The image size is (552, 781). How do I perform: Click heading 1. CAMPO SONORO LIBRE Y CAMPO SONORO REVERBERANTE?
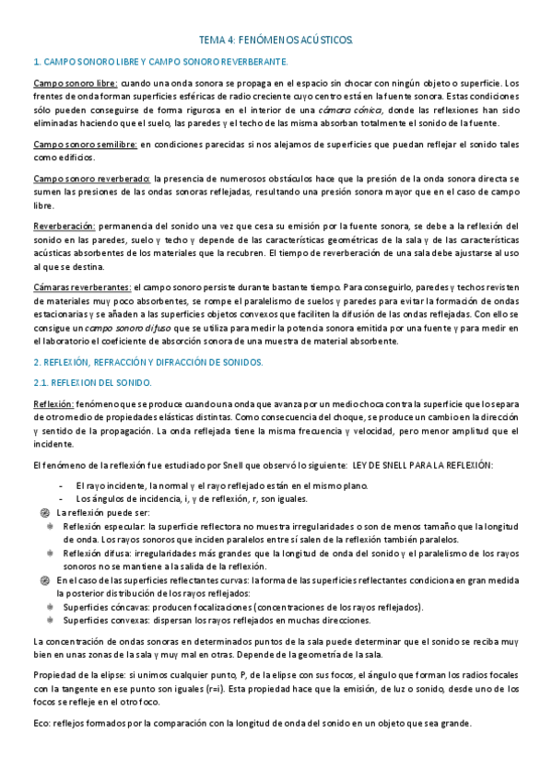pos(160,62)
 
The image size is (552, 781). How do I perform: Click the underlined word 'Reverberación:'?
pos(64,226)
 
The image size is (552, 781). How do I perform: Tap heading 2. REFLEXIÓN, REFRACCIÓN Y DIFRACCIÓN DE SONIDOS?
pos(147,362)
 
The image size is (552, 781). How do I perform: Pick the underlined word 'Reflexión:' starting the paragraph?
pos(53,403)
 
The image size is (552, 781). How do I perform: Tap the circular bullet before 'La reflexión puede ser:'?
pos(45,512)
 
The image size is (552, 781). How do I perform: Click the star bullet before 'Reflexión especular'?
pos(50,526)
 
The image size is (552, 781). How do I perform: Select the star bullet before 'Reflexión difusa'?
pos(50,553)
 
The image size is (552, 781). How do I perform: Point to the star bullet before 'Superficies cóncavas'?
pos(50,607)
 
